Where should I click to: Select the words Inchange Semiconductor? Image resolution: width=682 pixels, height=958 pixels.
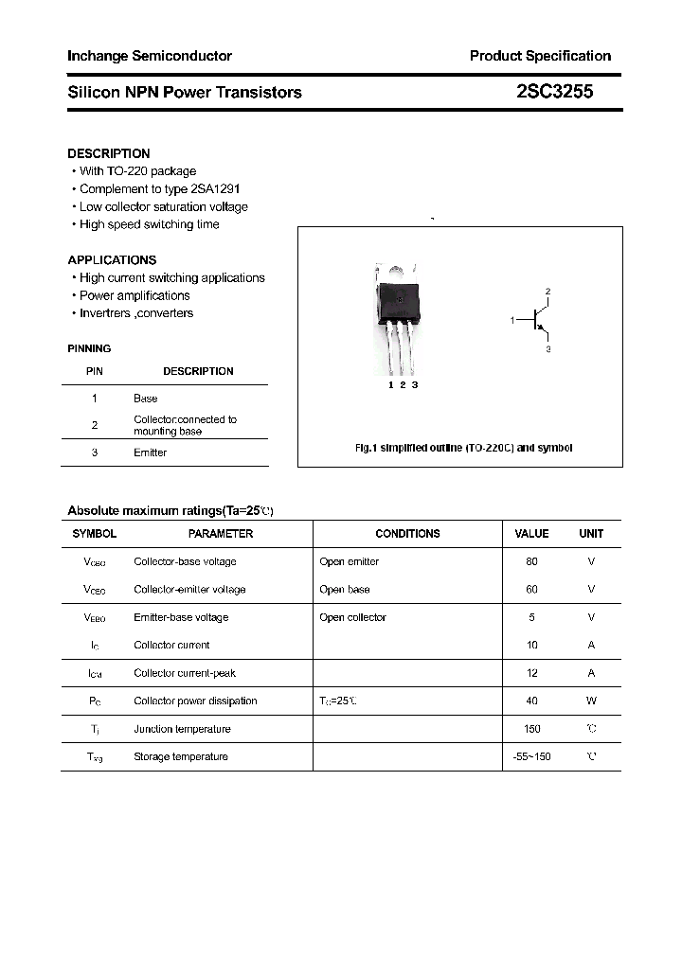(150, 56)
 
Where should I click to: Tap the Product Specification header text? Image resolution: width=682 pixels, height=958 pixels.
(540, 56)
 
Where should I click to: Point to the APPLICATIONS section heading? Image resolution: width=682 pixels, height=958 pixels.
(112, 259)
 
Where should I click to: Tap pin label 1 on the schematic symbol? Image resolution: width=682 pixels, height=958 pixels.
(512, 321)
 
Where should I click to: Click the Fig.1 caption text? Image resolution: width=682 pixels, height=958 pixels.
(463, 448)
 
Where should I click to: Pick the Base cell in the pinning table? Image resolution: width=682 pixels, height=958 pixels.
(146, 399)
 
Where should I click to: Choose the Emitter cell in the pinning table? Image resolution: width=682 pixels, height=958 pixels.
(150, 452)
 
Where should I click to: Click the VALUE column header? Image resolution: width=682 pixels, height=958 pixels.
(531, 534)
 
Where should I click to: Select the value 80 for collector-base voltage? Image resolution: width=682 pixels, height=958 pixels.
(531, 561)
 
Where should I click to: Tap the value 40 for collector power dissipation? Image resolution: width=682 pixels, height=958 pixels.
(531, 701)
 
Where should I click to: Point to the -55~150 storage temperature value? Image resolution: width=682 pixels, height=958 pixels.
(531, 756)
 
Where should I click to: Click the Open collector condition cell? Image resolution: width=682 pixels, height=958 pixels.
(352, 617)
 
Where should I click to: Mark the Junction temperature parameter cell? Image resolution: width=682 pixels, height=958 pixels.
(182, 729)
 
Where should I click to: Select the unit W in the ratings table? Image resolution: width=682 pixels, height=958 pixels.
(591, 701)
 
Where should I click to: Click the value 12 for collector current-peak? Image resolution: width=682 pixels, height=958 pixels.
(531, 673)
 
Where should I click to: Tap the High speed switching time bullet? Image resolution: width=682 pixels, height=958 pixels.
(149, 224)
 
